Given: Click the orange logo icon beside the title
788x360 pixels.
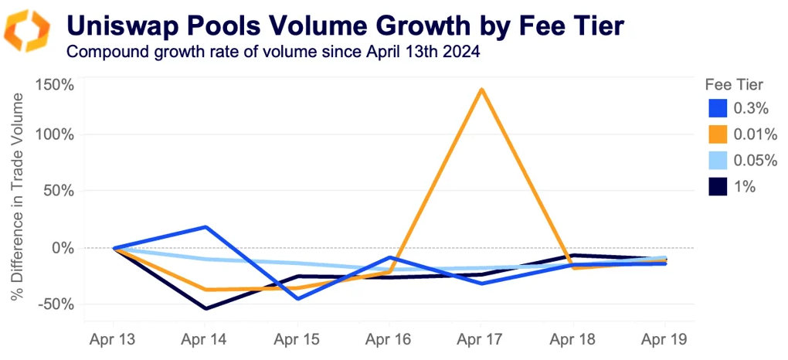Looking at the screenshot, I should click(28, 31).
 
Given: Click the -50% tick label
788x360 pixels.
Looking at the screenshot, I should click(56, 304).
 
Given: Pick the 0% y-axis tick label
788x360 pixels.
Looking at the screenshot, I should click(63, 248).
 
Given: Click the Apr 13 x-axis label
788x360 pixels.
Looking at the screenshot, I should click(114, 339).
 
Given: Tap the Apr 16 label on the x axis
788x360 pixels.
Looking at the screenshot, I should click(389, 339).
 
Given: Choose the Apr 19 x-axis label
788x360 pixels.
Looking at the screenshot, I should click(665, 339).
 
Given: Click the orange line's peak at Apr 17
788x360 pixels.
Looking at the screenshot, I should click(482, 89).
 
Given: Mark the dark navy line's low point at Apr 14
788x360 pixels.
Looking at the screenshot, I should click(205, 309).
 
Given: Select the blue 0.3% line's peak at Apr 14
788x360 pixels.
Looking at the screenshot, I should click(205, 227).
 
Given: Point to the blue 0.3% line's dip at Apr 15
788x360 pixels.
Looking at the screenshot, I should click(297, 298).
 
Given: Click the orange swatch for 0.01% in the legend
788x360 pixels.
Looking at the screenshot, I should click(718, 135).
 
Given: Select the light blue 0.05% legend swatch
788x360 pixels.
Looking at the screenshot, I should click(718, 161).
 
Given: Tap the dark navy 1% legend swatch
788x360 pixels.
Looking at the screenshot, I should click(718, 186).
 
